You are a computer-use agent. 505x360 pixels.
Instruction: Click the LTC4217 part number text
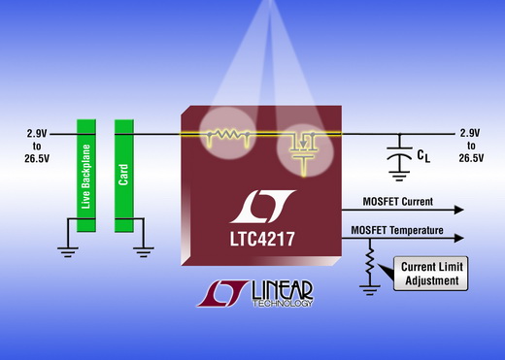tap(262, 239)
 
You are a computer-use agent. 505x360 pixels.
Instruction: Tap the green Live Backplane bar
tap(86, 176)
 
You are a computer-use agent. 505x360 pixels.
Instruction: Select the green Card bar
tap(124, 176)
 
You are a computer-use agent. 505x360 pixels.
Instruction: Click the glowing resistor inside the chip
tap(228, 135)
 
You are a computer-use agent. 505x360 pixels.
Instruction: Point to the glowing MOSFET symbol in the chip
tap(304, 152)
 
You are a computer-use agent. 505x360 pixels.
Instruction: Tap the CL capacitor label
tap(423, 156)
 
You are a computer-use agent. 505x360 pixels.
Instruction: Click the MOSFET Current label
tap(397, 202)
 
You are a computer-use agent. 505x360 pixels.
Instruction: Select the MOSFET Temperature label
tap(397, 230)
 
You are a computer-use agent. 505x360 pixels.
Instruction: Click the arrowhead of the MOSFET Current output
tap(459, 210)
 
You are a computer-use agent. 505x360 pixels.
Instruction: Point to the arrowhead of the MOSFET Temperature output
tap(459, 239)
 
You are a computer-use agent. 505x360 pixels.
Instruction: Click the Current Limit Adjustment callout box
tap(431, 274)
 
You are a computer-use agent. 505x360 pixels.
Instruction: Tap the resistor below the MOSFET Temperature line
tap(370, 261)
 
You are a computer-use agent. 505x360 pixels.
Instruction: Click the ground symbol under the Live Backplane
tap(67, 252)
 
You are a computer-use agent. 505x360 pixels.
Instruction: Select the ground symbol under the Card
tap(144, 252)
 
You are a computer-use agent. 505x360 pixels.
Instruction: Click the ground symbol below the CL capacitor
tap(399, 176)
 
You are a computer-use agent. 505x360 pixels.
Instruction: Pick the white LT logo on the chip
tap(262, 207)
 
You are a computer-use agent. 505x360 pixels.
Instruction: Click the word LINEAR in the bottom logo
tap(283, 290)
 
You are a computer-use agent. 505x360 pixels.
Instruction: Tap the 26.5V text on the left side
tap(37, 158)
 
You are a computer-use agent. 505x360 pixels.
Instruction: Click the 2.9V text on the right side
tap(470, 133)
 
